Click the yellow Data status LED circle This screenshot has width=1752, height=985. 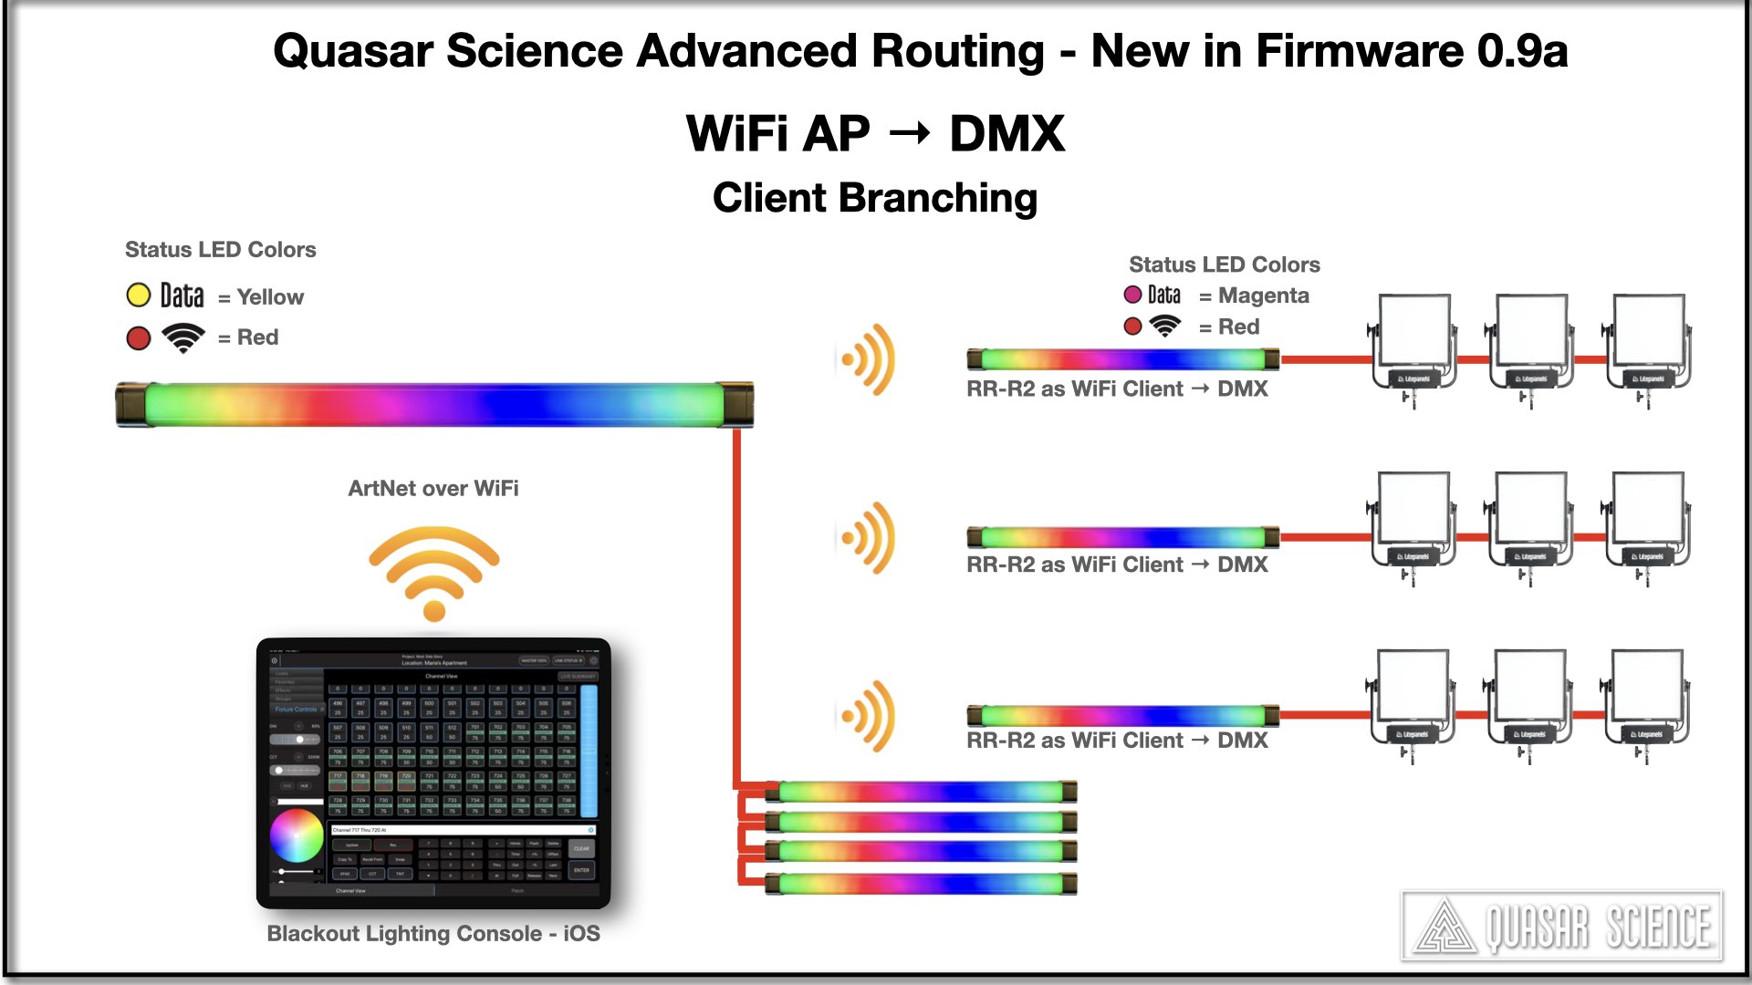coord(138,295)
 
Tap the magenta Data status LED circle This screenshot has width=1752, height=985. coord(1132,295)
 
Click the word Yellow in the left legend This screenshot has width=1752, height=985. coord(270,297)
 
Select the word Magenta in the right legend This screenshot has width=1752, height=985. coord(1264,295)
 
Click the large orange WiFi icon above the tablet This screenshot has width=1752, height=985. coord(434,571)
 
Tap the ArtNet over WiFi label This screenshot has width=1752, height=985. coord(433,489)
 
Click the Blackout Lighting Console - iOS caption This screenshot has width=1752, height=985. coord(433,934)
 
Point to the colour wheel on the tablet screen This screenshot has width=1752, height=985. coord(297,836)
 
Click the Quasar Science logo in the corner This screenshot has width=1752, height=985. coord(1562,927)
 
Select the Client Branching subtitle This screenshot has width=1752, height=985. coord(875,198)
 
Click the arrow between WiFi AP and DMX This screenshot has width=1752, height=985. coord(910,134)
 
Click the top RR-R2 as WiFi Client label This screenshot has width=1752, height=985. coord(1117,389)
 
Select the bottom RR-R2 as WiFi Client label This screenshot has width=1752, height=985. coord(1117,741)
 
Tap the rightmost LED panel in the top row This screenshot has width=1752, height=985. coord(1648,342)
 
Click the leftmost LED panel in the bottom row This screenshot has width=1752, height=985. coord(1413,698)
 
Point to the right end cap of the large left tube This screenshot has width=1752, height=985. coord(737,405)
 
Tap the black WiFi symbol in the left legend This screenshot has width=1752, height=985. coord(183,337)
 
